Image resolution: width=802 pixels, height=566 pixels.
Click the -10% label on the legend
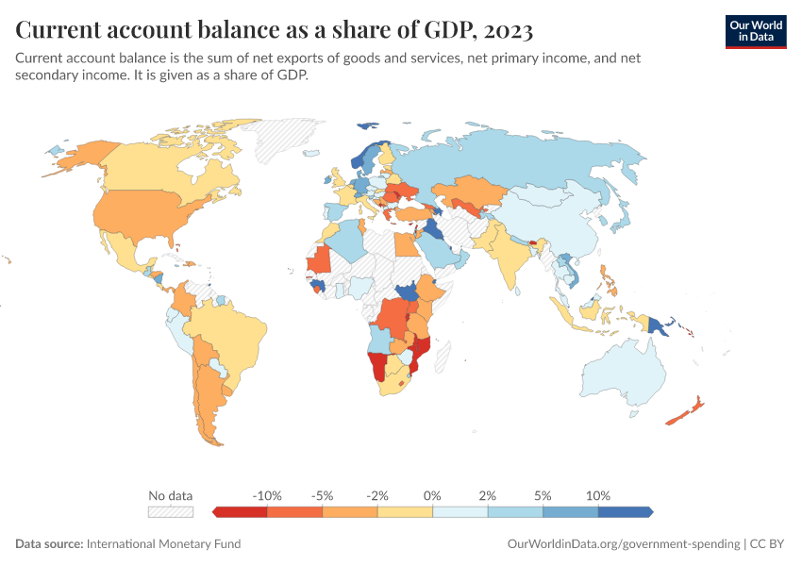(268, 495)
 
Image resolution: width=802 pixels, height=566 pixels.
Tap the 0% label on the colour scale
(433, 495)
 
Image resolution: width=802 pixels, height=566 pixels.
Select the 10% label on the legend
(598, 495)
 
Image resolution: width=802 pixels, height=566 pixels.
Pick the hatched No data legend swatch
(171, 511)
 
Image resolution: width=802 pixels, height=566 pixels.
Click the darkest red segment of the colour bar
(242, 511)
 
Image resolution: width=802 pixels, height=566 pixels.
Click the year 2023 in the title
(508, 30)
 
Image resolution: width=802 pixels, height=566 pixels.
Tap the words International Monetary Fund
(163, 543)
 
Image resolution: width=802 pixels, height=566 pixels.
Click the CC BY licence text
(768, 543)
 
